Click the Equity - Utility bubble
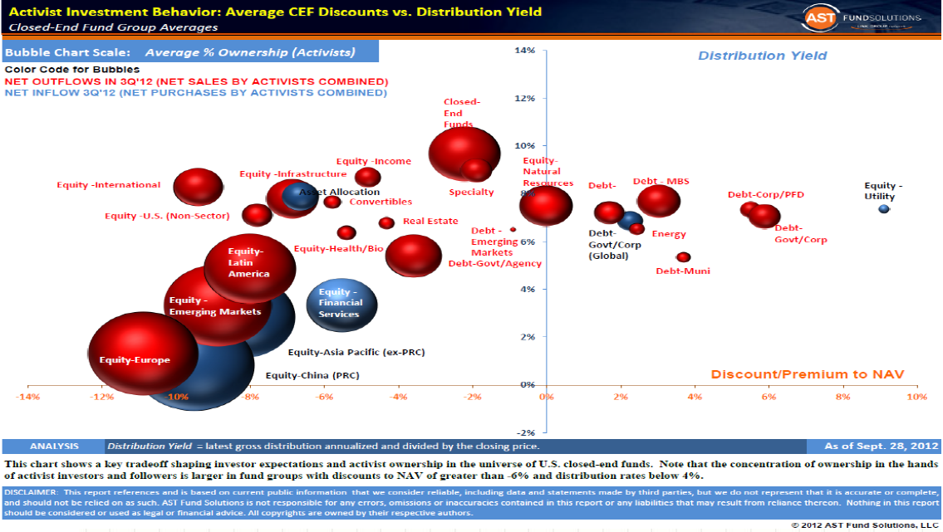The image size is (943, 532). point(883,208)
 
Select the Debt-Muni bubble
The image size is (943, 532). point(683,257)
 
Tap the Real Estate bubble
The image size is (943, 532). point(386,222)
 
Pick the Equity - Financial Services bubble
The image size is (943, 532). point(341,304)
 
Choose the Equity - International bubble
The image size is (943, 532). point(198,187)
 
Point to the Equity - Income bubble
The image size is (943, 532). point(367,177)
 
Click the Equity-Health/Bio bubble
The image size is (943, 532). point(346,233)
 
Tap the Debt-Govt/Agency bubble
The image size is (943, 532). point(408,255)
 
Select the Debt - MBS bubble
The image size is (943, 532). point(659,201)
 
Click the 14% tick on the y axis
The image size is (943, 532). point(524,51)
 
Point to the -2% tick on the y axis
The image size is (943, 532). point(524,433)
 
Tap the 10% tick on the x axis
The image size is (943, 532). point(916,397)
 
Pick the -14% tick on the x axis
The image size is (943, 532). point(28,397)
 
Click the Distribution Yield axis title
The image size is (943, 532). point(762,56)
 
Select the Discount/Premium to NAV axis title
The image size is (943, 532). point(807,374)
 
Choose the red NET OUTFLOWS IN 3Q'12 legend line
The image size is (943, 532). point(196,81)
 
